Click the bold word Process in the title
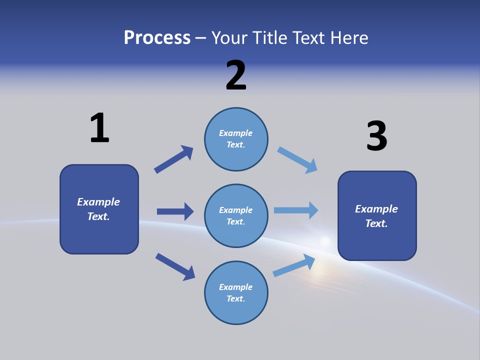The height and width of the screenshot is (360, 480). click(157, 38)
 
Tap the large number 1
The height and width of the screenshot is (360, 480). click(99, 128)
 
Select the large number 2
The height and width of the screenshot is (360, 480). click(236, 75)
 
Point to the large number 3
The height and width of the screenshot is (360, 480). click(376, 136)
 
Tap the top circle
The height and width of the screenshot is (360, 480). click(236, 139)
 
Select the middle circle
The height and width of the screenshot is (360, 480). click(236, 216)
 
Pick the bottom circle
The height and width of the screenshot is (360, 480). click(236, 293)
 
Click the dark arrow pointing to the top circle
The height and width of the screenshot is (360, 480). click(173, 159)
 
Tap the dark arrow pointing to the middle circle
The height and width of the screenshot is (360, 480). click(175, 211)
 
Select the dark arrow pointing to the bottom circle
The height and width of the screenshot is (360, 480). click(175, 266)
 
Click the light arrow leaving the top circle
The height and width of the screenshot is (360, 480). click(297, 160)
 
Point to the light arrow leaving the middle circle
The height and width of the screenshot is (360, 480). click(296, 210)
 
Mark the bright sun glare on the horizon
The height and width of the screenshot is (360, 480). click(325, 241)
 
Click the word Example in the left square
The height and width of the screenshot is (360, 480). click(98, 202)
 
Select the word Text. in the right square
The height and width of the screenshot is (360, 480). click(376, 223)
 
